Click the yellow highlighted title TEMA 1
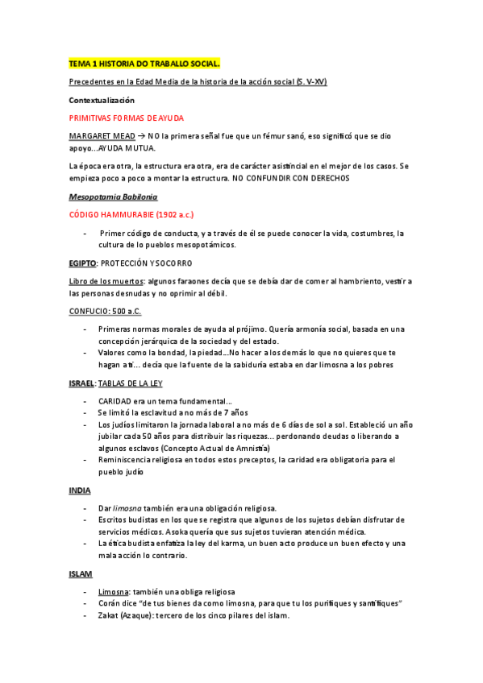tap(144, 64)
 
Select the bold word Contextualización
tap(101, 100)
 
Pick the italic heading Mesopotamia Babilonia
tap(113, 197)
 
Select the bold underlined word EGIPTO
tap(83, 263)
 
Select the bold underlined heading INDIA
tap(80, 490)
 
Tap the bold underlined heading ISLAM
tap(81, 573)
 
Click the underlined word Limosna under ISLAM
tap(114, 591)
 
